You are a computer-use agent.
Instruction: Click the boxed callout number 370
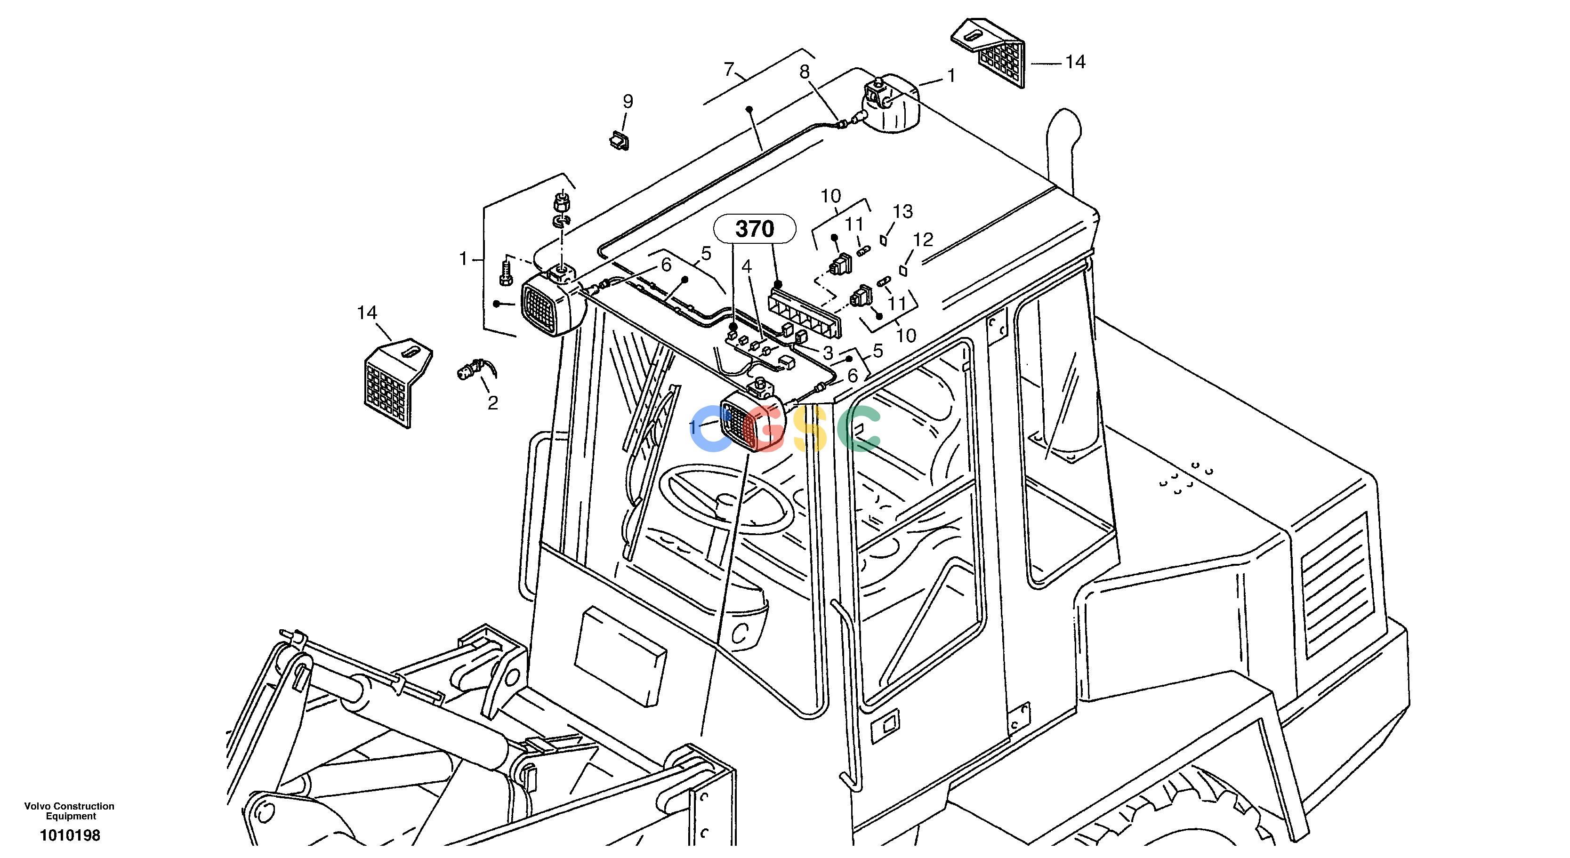coord(755,229)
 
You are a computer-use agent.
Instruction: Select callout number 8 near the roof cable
coord(805,72)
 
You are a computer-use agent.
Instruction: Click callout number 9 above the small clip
coord(628,102)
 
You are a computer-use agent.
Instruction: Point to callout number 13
coord(902,211)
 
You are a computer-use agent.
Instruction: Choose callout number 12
coord(923,240)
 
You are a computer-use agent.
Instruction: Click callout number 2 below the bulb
coord(492,403)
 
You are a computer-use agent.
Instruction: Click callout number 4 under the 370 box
coord(747,266)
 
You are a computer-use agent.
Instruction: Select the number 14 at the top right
coord(1075,62)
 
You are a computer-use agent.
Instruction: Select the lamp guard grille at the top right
coord(989,53)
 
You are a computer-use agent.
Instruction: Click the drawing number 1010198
coord(70,835)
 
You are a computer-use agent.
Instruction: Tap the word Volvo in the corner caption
coord(37,806)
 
